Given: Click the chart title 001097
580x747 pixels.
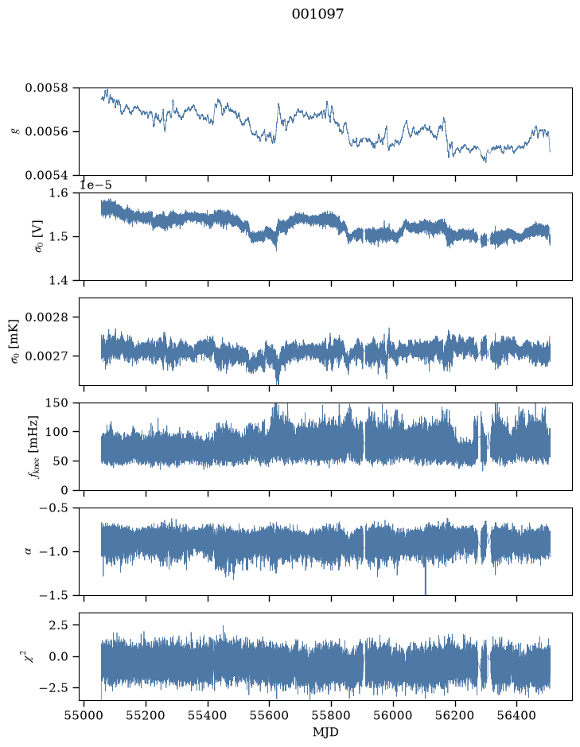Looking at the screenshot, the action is pos(317,14).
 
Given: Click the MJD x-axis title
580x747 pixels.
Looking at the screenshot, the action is pos(325,732).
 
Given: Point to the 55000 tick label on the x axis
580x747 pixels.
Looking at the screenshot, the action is pos(84,716).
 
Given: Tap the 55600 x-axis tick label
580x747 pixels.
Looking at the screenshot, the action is pos(270,716).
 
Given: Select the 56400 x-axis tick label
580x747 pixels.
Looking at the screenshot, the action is pos(518,716).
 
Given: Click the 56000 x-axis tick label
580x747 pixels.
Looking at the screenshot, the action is pos(394,716).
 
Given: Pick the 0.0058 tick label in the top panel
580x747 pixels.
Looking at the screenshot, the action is pos(47,88).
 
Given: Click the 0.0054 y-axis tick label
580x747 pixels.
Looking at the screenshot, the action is pos(47,175).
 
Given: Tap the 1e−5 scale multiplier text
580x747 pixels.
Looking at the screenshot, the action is pos(95,185).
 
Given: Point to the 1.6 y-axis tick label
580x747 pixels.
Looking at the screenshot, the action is pos(59,193).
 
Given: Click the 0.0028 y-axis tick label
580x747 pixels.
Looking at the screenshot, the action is pos(47,317).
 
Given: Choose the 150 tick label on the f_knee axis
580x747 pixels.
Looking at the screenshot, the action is pos(57,403).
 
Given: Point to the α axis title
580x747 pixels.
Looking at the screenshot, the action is pos(28,551).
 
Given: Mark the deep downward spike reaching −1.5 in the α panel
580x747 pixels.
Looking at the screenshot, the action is pos(426,579).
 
